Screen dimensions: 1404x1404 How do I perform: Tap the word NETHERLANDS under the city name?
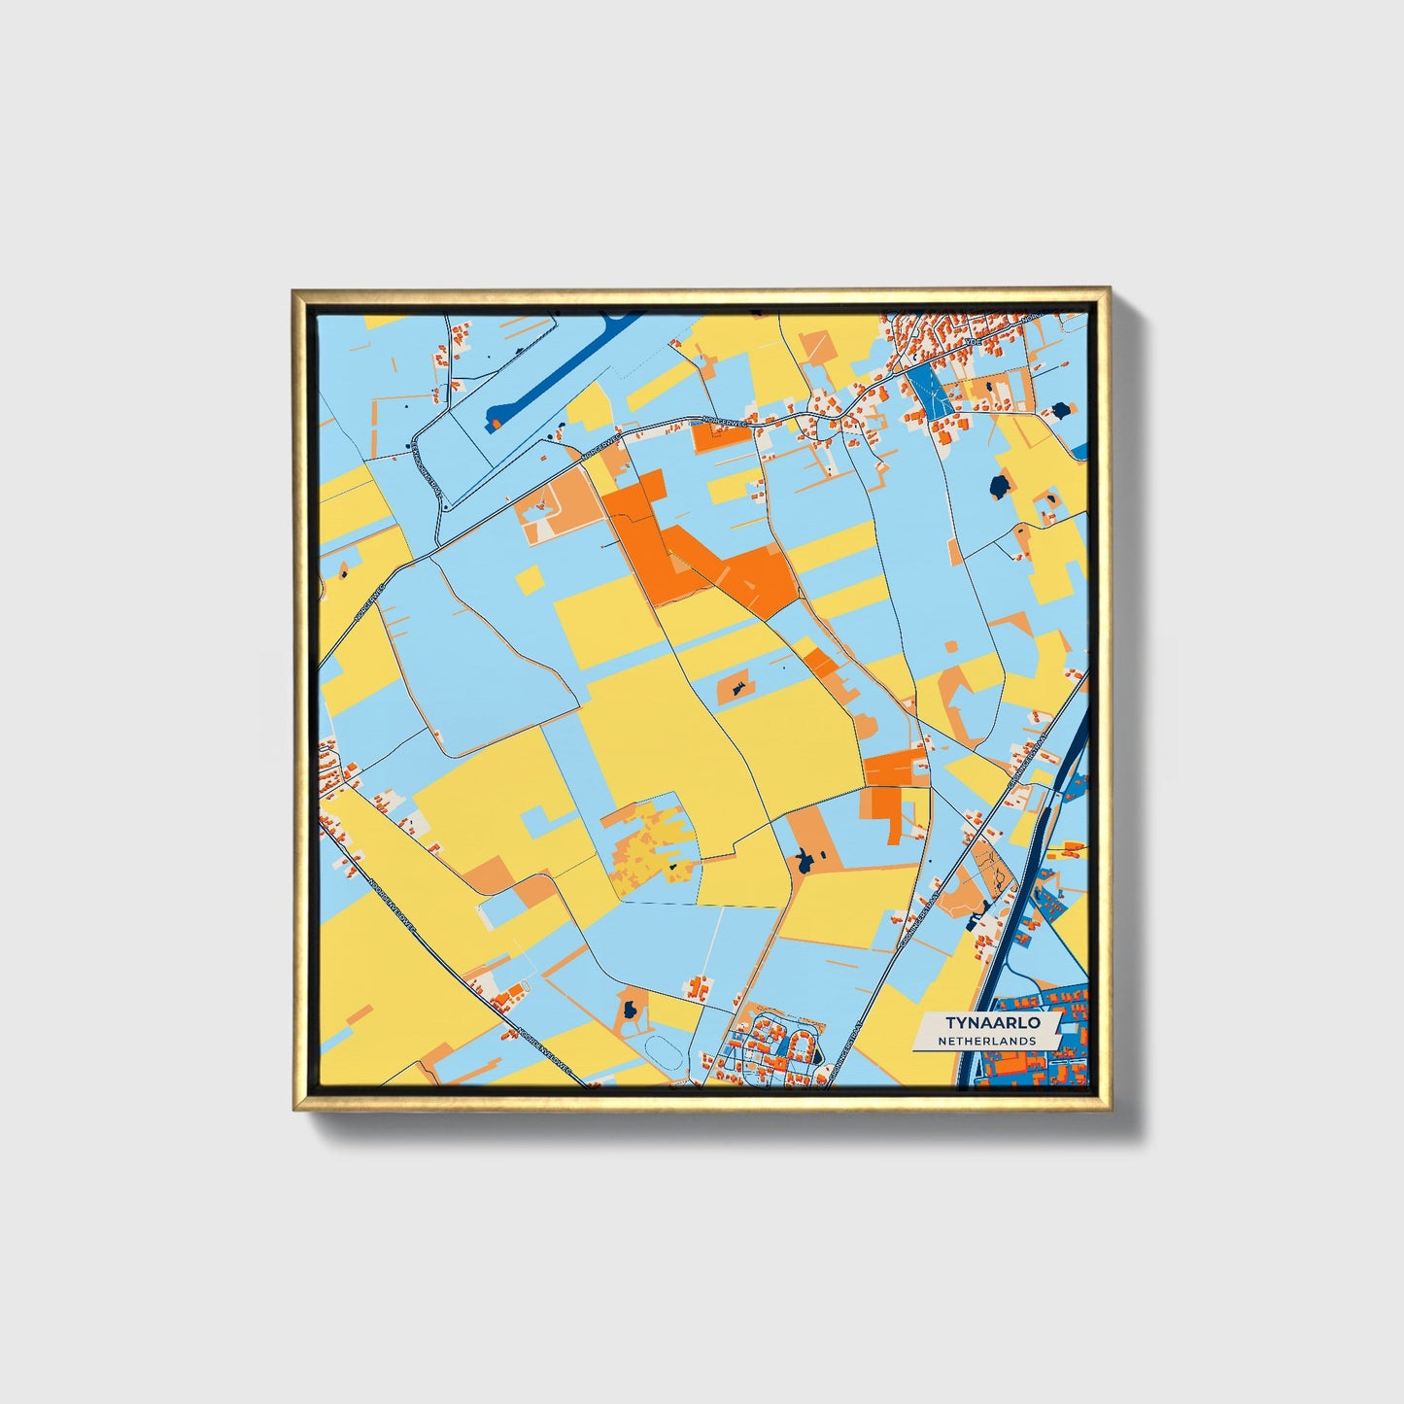986,1041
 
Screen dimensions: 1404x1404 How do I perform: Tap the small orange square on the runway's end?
495,424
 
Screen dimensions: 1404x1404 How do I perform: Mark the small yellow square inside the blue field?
531,580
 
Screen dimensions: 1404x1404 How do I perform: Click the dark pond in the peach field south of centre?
805,859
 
